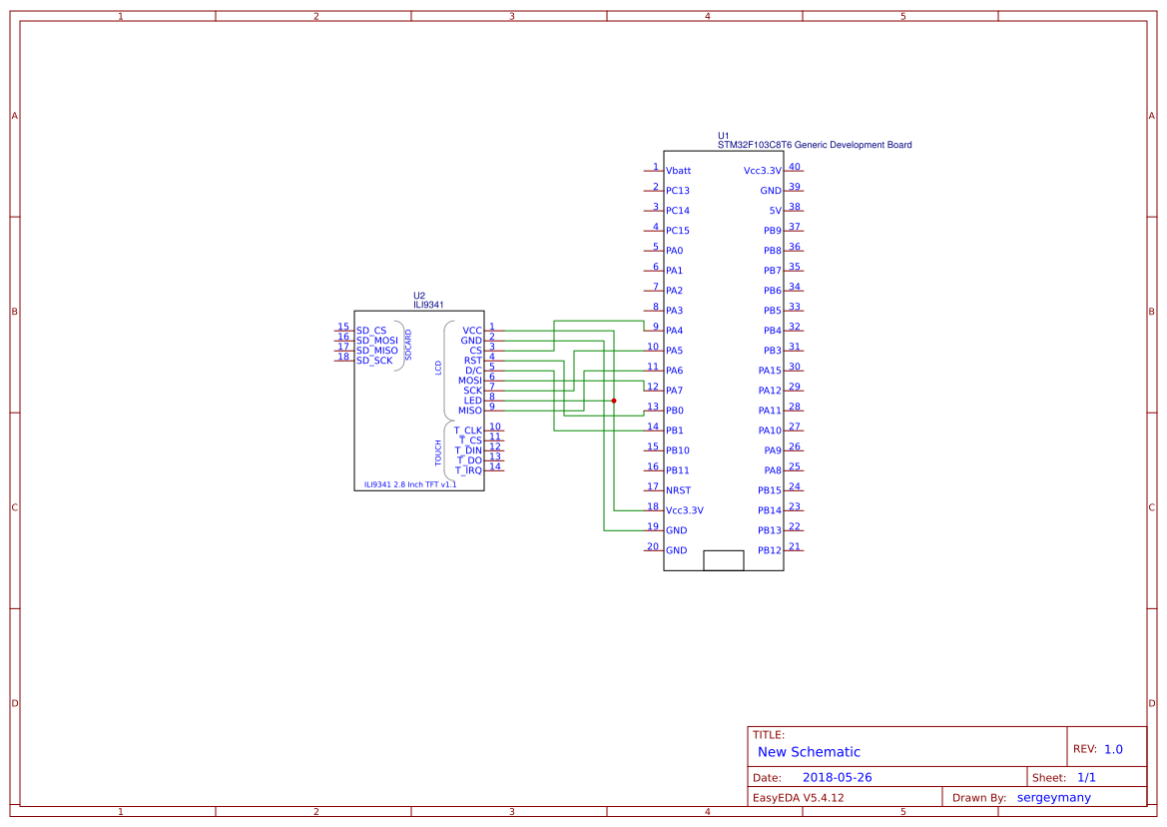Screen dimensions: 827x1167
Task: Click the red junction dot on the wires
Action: click(613, 401)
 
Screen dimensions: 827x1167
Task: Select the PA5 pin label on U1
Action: click(674, 351)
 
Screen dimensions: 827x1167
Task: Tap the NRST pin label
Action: click(679, 490)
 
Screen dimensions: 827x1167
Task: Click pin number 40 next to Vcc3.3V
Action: click(795, 167)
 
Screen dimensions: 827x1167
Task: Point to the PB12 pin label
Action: click(769, 550)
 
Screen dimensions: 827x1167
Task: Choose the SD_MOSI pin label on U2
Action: click(376, 341)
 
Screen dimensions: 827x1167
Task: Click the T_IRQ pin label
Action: click(468, 470)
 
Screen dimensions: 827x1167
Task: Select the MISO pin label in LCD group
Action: click(469, 411)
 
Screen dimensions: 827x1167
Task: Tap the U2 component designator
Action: click(419, 296)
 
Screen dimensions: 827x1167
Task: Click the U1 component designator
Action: click(724, 135)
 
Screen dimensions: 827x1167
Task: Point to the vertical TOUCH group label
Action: click(438, 452)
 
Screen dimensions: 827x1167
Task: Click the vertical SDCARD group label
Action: click(407, 345)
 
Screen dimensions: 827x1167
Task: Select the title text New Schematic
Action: click(809, 752)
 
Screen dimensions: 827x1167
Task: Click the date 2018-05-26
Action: click(837, 777)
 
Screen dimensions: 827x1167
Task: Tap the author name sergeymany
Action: click(1053, 797)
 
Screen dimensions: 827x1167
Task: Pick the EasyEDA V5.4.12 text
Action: click(798, 797)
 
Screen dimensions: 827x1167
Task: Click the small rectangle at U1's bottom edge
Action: click(723, 560)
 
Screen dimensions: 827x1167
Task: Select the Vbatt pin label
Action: click(678, 171)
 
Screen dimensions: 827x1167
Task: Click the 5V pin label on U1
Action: click(775, 211)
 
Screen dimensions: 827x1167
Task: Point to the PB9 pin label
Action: click(772, 231)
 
